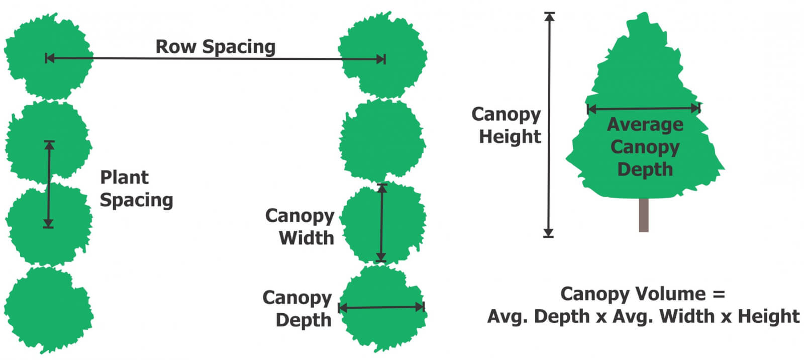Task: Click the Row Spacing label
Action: tap(215, 47)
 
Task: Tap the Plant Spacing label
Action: tap(136, 189)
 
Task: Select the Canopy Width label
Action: tap(300, 226)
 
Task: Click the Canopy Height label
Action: tap(507, 125)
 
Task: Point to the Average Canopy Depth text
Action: tap(645, 147)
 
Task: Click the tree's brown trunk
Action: tap(644, 215)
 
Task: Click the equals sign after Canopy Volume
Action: tap(719, 294)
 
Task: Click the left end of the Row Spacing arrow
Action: tap(47, 58)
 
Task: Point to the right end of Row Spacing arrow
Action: tap(384, 59)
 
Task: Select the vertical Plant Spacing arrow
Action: tap(49, 184)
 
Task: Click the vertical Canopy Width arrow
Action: tap(381, 223)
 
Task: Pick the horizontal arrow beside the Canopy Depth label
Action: tap(381, 307)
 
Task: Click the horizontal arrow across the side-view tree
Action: tap(644, 108)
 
